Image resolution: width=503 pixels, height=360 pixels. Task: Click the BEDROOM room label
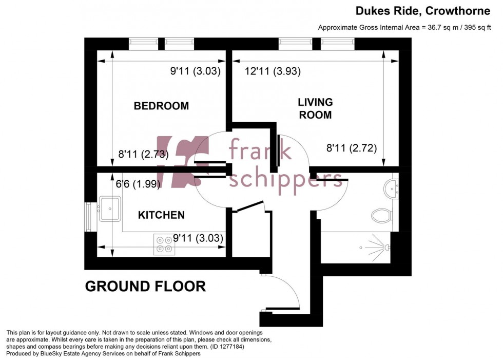[x=161, y=106]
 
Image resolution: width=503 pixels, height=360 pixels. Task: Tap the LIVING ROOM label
[x=315, y=108]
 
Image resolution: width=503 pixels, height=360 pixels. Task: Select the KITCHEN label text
[x=161, y=215]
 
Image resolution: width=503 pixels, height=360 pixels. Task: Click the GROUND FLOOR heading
[x=145, y=286]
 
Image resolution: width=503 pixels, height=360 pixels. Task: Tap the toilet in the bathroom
[x=381, y=215]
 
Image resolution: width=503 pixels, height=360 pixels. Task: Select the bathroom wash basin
[x=393, y=188]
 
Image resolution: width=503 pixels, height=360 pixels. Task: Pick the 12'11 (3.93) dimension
[x=273, y=72]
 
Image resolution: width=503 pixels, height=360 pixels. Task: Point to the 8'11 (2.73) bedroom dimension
[x=143, y=154]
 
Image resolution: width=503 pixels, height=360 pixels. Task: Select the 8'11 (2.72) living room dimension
[x=352, y=149]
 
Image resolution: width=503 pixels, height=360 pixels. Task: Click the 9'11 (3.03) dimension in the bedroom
[x=195, y=72]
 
